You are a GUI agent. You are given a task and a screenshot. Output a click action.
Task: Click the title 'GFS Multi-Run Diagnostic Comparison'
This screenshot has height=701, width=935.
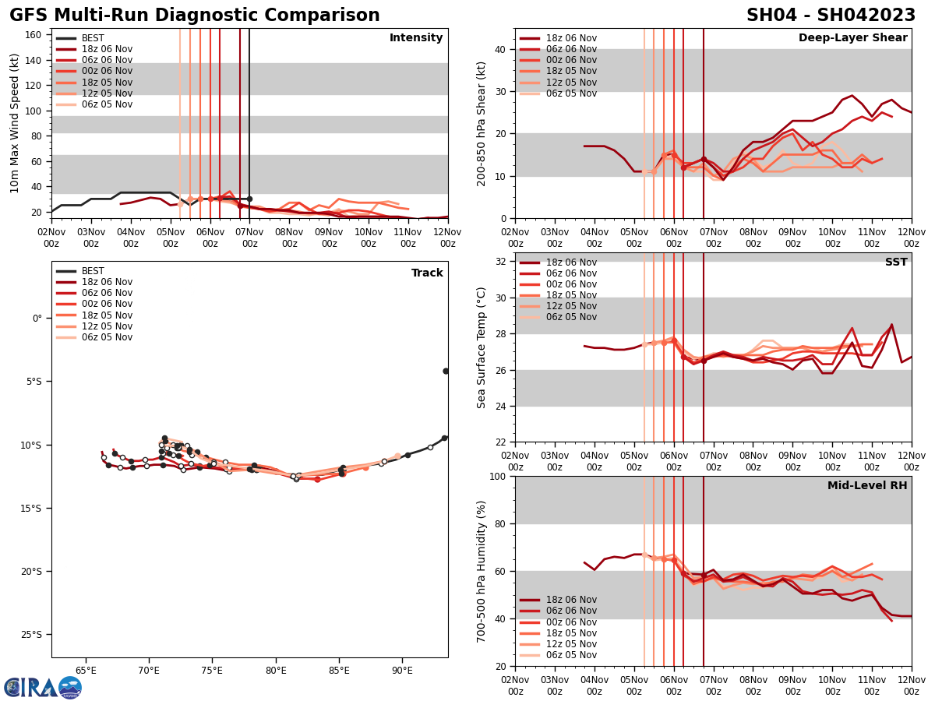[194, 16]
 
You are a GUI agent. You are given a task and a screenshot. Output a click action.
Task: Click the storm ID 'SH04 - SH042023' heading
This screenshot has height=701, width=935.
[831, 16]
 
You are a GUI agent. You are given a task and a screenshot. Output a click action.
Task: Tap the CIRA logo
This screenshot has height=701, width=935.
[43, 688]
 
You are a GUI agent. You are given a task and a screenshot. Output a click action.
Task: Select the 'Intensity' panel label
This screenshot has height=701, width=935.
[416, 38]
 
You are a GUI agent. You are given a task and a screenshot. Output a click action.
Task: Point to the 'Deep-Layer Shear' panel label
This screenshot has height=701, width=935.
[852, 38]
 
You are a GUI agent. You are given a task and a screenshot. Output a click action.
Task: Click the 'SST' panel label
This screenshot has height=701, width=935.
[896, 262]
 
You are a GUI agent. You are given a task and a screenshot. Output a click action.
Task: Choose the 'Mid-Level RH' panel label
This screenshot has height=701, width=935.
[867, 486]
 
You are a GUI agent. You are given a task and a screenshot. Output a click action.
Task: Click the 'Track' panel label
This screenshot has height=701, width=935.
[427, 273]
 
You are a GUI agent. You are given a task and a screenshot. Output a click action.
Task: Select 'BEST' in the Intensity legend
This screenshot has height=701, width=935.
[93, 38]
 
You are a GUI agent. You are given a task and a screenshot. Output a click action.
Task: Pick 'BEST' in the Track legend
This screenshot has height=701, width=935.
[93, 271]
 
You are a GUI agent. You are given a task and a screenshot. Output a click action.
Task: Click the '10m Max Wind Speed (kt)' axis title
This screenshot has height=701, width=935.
[15, 123]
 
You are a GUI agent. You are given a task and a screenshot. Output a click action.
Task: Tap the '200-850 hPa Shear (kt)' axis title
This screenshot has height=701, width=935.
[482, 123]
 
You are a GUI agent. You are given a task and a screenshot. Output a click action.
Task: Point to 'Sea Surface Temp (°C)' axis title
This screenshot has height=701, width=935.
[482, 347]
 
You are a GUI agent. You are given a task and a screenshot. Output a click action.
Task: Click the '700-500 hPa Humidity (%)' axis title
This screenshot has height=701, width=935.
[482, 571]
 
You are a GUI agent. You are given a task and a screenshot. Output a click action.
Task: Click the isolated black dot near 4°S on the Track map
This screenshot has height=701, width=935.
[446, 371]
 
